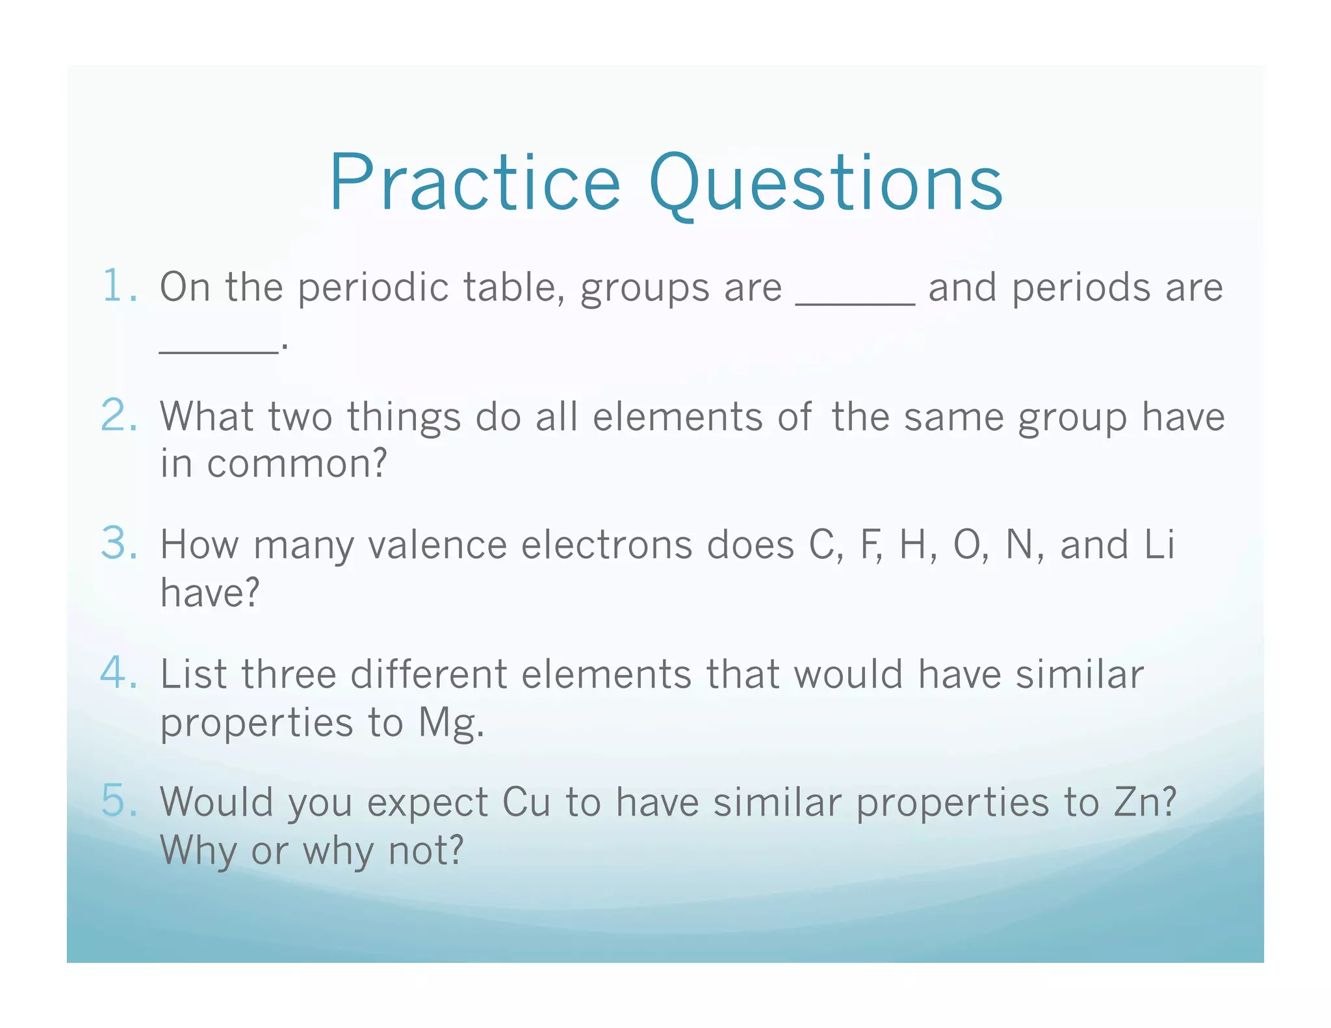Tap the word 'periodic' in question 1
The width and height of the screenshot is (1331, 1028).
click(374, 288)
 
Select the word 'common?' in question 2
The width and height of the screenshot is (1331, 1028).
click(297, 464)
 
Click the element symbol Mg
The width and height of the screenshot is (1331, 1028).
click(450, 723)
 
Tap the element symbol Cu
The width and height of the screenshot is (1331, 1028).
click(526, 803)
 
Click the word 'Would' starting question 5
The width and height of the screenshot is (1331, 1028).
click(216, 803)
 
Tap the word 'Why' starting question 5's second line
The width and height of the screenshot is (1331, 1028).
click(198, 851)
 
